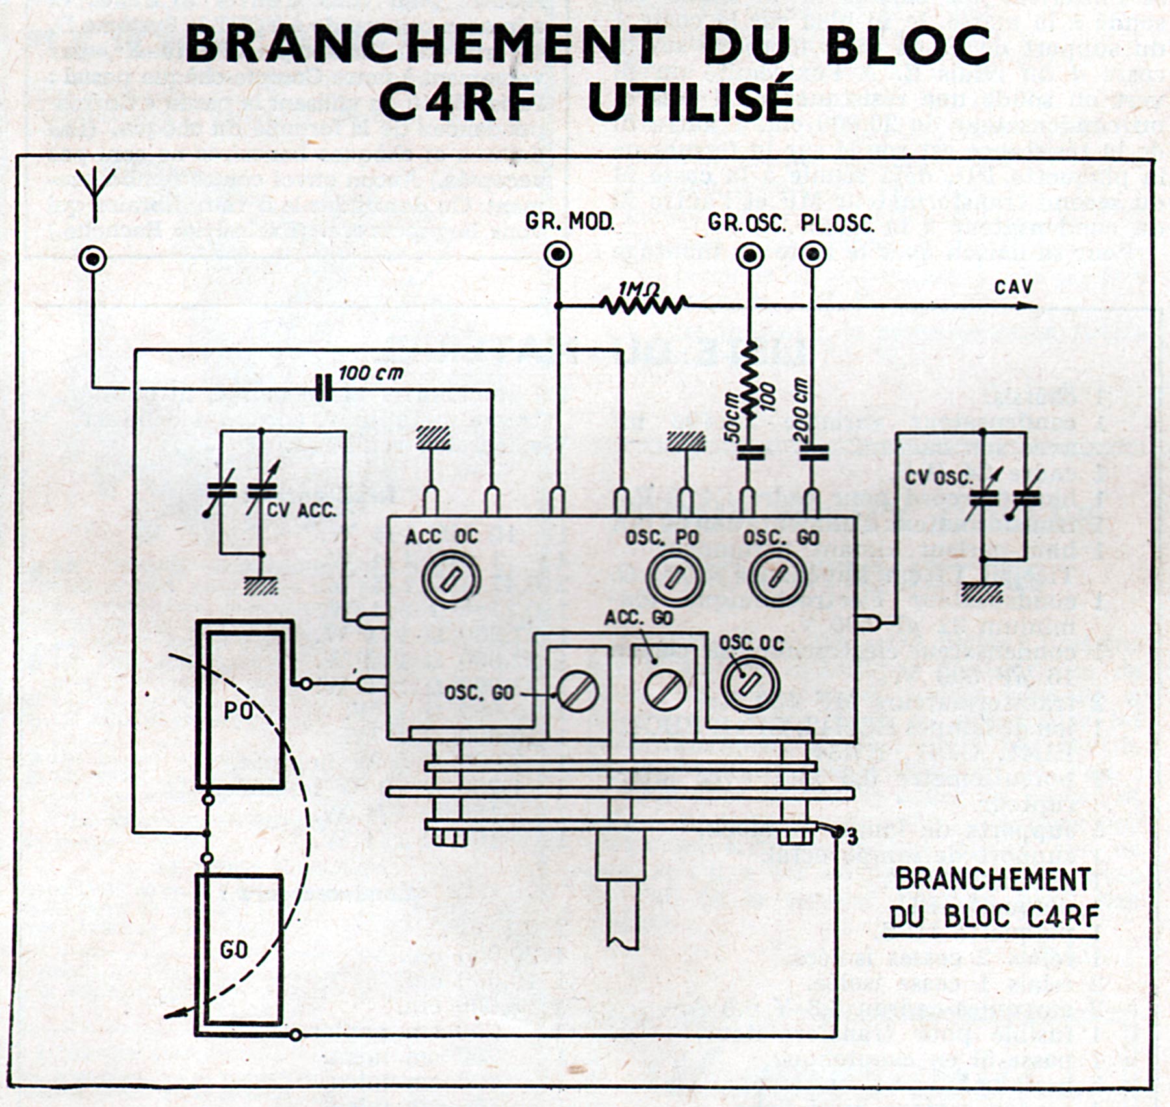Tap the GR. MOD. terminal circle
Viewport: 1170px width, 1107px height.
pyautogui.click(x=558, y=254)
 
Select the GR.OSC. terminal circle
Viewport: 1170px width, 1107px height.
pyautogui.click(x=749, y=255)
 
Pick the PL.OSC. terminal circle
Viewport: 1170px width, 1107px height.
pyautogui.click(x=812, y=254)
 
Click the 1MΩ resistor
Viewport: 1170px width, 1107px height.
pyautogui.click(x=643, y=304)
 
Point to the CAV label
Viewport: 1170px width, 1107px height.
pyautogui.click(x=1013, y=287)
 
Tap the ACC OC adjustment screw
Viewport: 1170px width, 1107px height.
pyautogui.click(x=450, y=578)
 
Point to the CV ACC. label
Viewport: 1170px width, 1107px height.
pyautogui.click(x=302, y=510)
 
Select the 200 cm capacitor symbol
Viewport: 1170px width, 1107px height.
pyautogui.click(x=812, y=452)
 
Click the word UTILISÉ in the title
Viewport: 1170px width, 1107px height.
pyautogui.click(x=690, y=101)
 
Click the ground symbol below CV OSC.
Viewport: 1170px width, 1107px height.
pyautogui.click(x=982, y=592)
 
